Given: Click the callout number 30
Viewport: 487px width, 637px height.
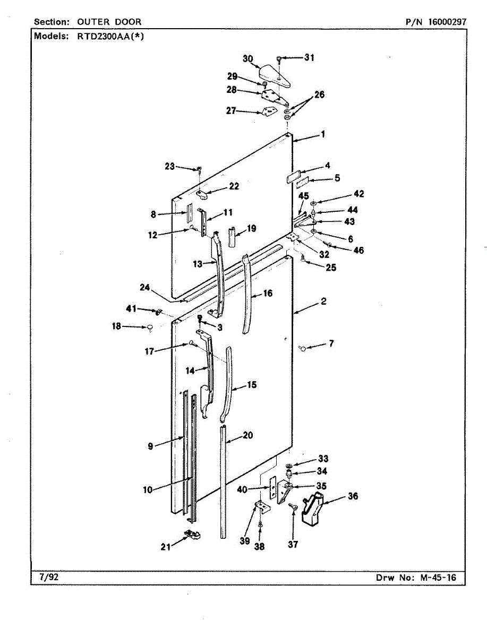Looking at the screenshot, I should pos(248,59).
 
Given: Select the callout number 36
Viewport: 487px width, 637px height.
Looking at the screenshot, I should pos(353,496).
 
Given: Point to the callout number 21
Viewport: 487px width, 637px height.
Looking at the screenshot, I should pos(166,546).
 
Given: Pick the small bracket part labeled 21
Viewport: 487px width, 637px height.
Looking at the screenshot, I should pos(192,534).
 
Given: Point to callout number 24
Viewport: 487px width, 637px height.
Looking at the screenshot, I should pos(145,288).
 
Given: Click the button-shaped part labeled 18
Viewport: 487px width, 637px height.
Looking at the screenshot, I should pos(150,328).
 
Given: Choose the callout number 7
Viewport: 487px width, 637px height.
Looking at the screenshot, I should pos(331,344).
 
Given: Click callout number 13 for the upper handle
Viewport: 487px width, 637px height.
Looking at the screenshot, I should pos(198,264).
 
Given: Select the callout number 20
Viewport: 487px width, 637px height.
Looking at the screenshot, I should pos(247,435).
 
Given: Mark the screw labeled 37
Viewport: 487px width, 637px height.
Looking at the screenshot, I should pos(292,507).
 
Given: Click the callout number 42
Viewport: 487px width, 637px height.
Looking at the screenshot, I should pos(360,194).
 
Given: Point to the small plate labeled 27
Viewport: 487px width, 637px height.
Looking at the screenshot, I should pos(270,111).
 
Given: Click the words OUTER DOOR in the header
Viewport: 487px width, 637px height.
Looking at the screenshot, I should pos(109,22).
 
